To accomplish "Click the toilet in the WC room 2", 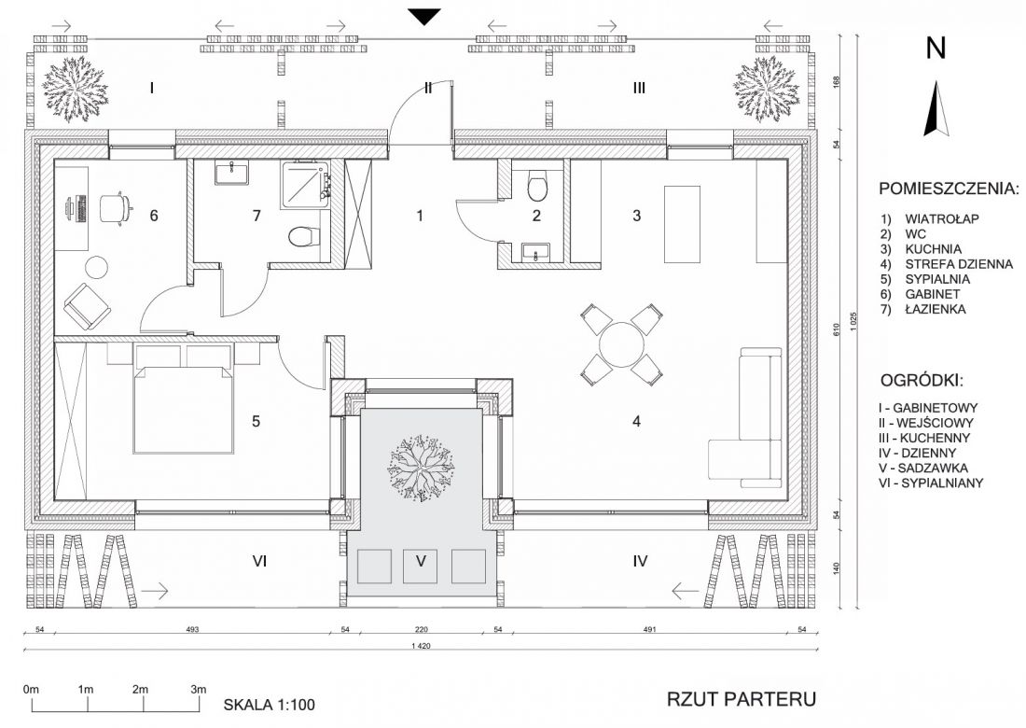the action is (536, 187).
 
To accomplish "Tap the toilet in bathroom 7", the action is (303, 236).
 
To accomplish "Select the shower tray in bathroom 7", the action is (305, 186).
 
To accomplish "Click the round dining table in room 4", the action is (621, 344).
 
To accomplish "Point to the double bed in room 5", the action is (184, 410).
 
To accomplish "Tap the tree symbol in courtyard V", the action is (422, 467).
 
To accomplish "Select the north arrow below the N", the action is (937, 108).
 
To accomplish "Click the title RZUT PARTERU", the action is (742, 699).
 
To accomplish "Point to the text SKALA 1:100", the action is (269, 705).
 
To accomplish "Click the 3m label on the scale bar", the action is (199, 690).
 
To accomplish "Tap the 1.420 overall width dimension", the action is (421, 646).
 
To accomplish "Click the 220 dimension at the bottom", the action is (421, 630).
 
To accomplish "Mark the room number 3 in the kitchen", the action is (637, 215).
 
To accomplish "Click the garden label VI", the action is (259, 561).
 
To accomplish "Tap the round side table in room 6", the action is (98, 267).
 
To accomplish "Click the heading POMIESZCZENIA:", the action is (949, 189).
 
